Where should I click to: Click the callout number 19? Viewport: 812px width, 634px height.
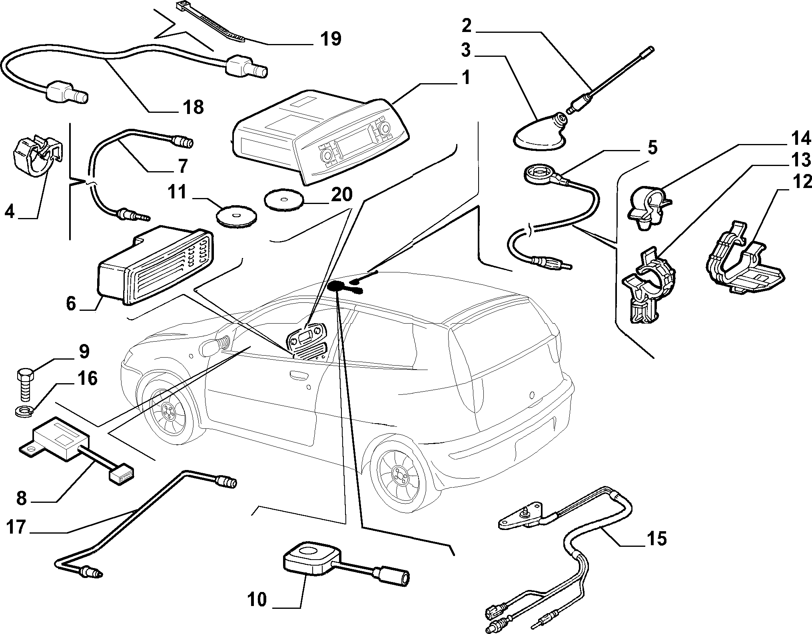click(x=330, y=39)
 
